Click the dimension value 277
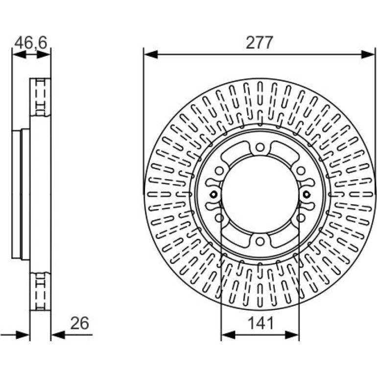pyautogui.click(x=259, y=43)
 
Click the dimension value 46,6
pyautogui.click(x=31, y=43)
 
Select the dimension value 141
pyautogui.click(x=260, y=323)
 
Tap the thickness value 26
pyautogui.click(x=80, y=323)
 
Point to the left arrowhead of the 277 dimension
pyautogui.click(x=151, y=54)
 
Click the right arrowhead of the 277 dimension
pyautogui.click(x=368, y=54)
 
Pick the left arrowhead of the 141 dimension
pyautogui.click(x=228, y=335)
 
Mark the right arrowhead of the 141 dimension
pyautogui.click(x=292, y=335)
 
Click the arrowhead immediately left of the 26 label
pyautogui.click(x=58, y=334)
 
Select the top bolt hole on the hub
pyautogui.click(x=259, y=147)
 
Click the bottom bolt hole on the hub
pyautogui.click(x=259, y=241)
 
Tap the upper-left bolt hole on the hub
pyautogui.click(x=219, y=171)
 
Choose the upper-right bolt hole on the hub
pyautogui.click(x=300, y=171)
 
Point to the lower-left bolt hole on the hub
pyautogui.click(x=219, y=218)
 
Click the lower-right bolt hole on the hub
pyautogui.click(x=300, y=218)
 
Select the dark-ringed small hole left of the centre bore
pyautogui.click(x=213, y=194)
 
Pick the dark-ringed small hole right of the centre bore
pyautogui.click(x=306, y=194)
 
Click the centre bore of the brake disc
pyautogui.click(x=259, y=194)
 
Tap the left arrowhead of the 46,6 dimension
pyautogui.click(x=19, y=54)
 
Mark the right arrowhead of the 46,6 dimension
pyautogui.click(x=44, y=54)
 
